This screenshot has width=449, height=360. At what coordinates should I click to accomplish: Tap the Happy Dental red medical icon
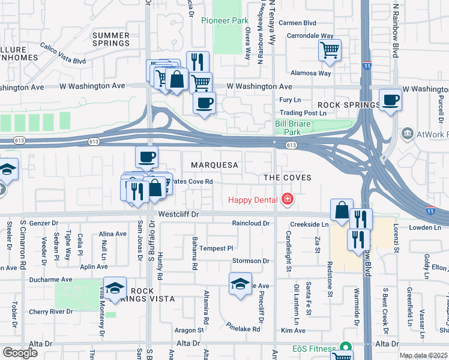[x=288, y=199]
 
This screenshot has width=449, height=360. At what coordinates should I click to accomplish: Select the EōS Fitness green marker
[x=345, y=347]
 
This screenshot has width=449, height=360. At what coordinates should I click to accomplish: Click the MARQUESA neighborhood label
[x=215, y=164]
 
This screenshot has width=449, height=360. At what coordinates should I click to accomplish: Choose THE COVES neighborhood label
[x=288, y=178]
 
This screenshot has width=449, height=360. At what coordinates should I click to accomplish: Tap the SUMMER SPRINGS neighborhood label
[x=111, y=40]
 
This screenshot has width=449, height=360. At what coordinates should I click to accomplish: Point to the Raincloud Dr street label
[x=252, y=223]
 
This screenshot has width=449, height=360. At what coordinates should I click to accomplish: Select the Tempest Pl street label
[x=215, y=248]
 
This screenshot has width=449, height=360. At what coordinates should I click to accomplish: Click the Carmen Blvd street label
[x=298, y=23]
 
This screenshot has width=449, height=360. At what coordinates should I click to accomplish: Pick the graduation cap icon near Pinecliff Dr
[x=240, y=284]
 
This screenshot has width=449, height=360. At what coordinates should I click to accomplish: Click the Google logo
[x=20, y=352]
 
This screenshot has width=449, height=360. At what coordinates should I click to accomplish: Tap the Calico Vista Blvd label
[x=63, y=52]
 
